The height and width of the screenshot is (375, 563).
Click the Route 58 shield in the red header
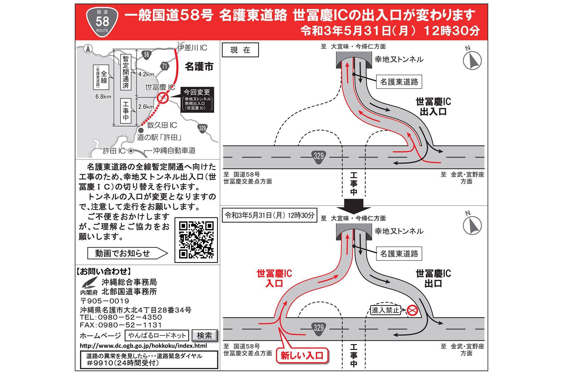tap(102, 22)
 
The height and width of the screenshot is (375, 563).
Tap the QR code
tap(196, 240)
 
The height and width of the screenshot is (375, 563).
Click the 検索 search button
tap(204, 335)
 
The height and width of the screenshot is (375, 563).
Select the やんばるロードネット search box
tap(157, 335)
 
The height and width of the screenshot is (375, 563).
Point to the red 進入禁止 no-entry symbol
tap(412, 310)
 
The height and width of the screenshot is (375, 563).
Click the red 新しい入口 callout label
tap(302, 356)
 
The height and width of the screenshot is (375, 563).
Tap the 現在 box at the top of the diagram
tap(240, 50)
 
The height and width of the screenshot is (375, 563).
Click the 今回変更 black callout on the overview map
tap(197, 100)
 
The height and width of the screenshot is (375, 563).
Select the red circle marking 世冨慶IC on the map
tap(163, 98)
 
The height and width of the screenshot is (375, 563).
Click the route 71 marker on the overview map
tap(165, 66)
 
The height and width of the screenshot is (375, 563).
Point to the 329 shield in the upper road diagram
tap(319, 156)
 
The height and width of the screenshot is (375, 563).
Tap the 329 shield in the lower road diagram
tap(319, 328)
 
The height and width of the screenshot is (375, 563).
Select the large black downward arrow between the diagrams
tap(354, 206)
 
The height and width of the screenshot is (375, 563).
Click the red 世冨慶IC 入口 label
tap(274, 278)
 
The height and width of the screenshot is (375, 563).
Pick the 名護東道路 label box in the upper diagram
tap(399, 82)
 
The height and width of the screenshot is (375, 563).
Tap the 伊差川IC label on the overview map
tap(192, 47)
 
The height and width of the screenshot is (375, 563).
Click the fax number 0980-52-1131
tap(130, 325)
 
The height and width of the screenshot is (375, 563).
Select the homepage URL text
tap(143, 346)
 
